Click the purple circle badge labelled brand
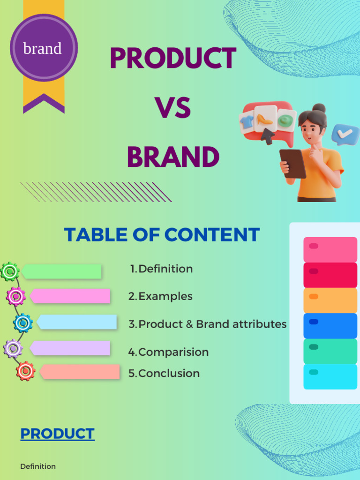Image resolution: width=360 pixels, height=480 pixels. point(44,48)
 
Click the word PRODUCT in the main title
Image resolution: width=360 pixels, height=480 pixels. point(173,59)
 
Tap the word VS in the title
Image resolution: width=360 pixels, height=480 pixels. point(173,108)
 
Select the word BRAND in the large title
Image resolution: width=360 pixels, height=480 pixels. point(173,157)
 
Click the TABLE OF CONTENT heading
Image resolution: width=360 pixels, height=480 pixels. point(162,234)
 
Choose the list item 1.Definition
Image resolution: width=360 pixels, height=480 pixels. point(162,269)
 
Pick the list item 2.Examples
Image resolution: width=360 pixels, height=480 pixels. point(161,296)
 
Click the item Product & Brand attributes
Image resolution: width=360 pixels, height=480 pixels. point(208,324)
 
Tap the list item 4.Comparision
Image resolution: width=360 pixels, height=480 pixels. point(169,352)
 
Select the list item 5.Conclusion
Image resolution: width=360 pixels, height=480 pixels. point(164,374)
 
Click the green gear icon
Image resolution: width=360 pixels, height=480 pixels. point(10,271)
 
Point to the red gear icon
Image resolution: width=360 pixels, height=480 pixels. point(26,371)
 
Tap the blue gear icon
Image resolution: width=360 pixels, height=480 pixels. point(22,322)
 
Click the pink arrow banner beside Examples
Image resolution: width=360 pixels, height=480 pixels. point(70,296)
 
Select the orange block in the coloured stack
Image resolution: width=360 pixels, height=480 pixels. point(330,300)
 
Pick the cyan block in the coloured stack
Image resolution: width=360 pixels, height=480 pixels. point(330,376)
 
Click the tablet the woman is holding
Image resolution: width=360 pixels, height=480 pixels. point(293,164)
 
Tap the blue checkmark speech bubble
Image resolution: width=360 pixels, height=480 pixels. point(345,134)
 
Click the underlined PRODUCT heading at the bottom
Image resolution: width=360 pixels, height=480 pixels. point(57,434)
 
